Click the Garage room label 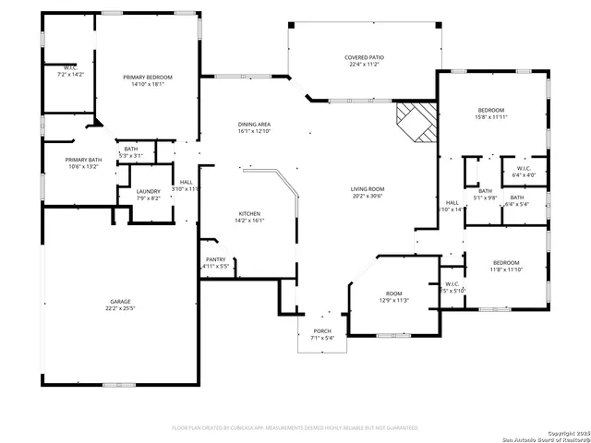[121, 302]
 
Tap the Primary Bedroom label [148, 78]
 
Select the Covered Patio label [364, 57]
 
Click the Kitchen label [250, 212]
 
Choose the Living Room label [368, 189]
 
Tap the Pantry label [216, 259]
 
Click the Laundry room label [149, 191]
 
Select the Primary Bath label [81, 160]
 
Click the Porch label [322, 330]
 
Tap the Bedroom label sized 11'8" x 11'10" [505, 262]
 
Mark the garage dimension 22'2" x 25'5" [121, 308]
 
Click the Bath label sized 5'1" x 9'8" [485, 191]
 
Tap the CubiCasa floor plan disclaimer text [295, 428]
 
